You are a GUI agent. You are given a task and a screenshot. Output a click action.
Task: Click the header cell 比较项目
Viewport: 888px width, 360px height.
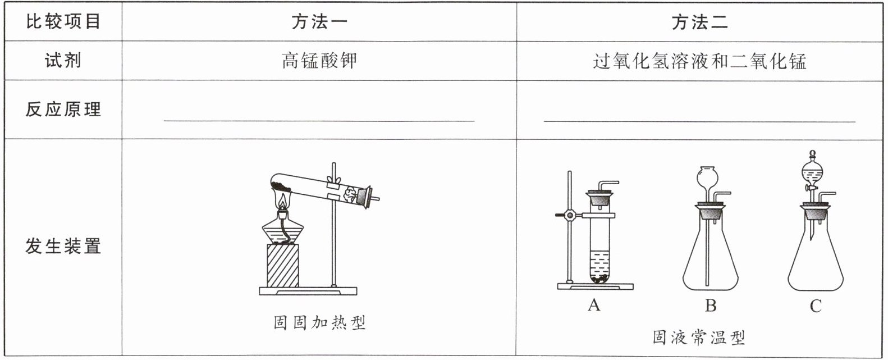[x=63, y=22]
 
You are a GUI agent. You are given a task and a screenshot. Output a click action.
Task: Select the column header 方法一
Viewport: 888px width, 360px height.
[x=319, y=22]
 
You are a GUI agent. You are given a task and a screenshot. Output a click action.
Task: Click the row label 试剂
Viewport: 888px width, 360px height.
[x=63, y=61]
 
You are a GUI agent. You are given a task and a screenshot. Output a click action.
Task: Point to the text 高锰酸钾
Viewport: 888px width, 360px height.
[x=319, y=61]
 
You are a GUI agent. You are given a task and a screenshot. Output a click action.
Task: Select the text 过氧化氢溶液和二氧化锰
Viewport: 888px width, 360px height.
[x=700, y=61]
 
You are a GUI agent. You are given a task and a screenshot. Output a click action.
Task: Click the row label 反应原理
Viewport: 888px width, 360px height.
[x=63, y=110]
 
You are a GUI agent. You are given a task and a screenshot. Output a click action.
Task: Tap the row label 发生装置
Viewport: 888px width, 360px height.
[x=63, y=246]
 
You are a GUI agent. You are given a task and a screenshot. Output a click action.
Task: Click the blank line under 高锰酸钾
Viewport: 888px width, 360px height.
[x=319, y=121]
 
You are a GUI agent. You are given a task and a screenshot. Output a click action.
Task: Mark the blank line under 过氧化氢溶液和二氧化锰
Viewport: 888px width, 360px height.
[x=700, y=121]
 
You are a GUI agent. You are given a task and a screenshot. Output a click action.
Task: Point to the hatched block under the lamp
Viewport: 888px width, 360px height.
[x=283, y=266]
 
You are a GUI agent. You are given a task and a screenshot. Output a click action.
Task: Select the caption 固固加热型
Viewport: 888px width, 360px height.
[x=319, y=323]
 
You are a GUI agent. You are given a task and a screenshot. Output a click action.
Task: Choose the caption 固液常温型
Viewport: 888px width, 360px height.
[x=699, y=338]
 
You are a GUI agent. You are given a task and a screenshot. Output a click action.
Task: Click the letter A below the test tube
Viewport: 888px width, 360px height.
[x=594, y=305]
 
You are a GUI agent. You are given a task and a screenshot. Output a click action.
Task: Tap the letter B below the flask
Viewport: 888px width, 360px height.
[x=711, y=306]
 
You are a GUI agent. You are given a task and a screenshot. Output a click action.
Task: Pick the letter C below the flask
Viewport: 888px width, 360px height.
[x=816, y=306]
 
